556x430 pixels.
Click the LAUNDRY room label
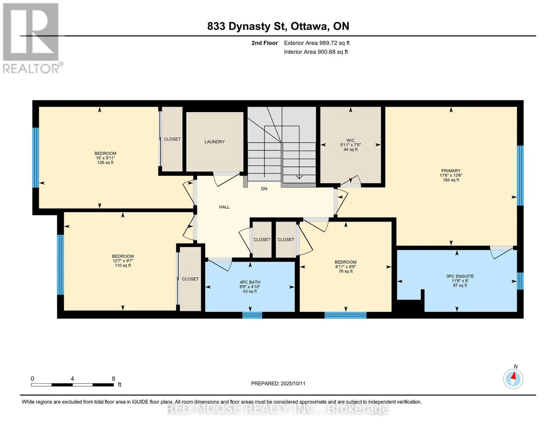tap(214, 142)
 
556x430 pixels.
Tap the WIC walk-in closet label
tap(350, 140)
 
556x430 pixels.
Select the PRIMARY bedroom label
tap(451, 171)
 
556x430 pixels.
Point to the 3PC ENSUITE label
tap(460, 276)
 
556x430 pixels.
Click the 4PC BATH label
tap(250, 282)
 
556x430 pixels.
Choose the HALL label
tap(224, 207)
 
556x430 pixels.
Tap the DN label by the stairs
tap(264, 189)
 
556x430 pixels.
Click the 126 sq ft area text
tap(105, 163)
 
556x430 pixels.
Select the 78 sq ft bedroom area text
tap(345, 271)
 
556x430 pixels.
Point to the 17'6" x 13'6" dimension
tap(451, 176)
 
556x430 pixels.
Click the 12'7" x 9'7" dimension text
tap(122, 261)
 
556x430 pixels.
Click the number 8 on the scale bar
tap(113, 378)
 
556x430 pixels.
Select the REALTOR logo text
tap(31, 69)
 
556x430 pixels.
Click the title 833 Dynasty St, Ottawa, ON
tap(278, 27)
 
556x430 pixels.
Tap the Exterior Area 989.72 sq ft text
tap(316, 43)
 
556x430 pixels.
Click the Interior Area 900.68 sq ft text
tap(316, 52)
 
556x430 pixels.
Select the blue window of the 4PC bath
tap(252, 315)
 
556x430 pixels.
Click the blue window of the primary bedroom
tap(520, 176)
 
